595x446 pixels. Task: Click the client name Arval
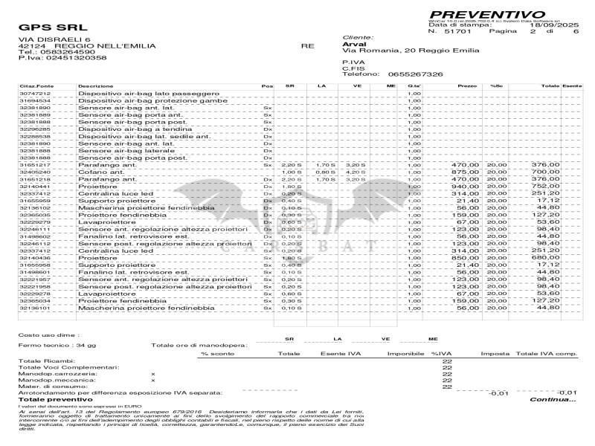click(x=350, y=44)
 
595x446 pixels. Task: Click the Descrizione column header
click(x=96, y=87)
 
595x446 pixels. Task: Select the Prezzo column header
click(x=467, y=87)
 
